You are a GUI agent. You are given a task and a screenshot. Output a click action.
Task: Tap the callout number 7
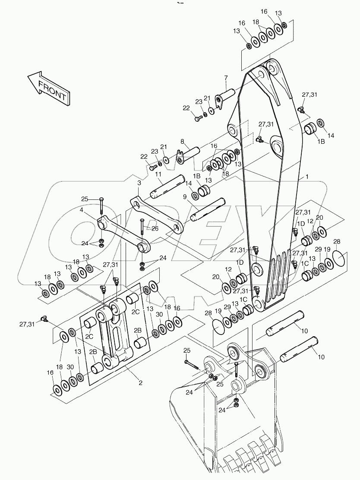225,78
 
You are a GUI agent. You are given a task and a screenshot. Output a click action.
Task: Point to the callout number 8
182,142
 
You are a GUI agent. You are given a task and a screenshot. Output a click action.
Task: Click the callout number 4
81,210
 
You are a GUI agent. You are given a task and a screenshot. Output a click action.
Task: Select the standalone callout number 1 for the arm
307,177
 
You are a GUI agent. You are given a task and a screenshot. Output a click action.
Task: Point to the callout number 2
140,382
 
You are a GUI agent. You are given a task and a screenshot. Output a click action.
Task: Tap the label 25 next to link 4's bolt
84,199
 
